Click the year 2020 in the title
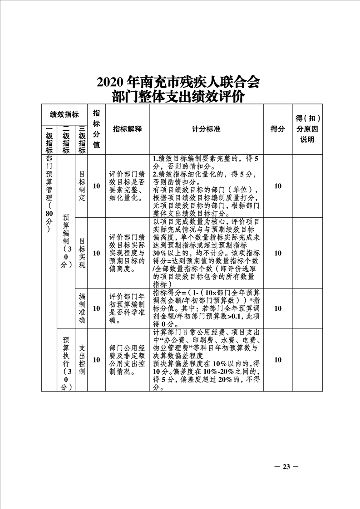(110, 82)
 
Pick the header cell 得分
(278, 129)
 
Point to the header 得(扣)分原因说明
(307, 129)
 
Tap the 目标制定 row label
(82, 186)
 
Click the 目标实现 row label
(82, 253)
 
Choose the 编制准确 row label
(82, 308)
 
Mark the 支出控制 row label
(82, 359)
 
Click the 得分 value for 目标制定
(278, 186)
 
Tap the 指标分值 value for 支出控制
(96, 360)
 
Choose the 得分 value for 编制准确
(278, 308)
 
